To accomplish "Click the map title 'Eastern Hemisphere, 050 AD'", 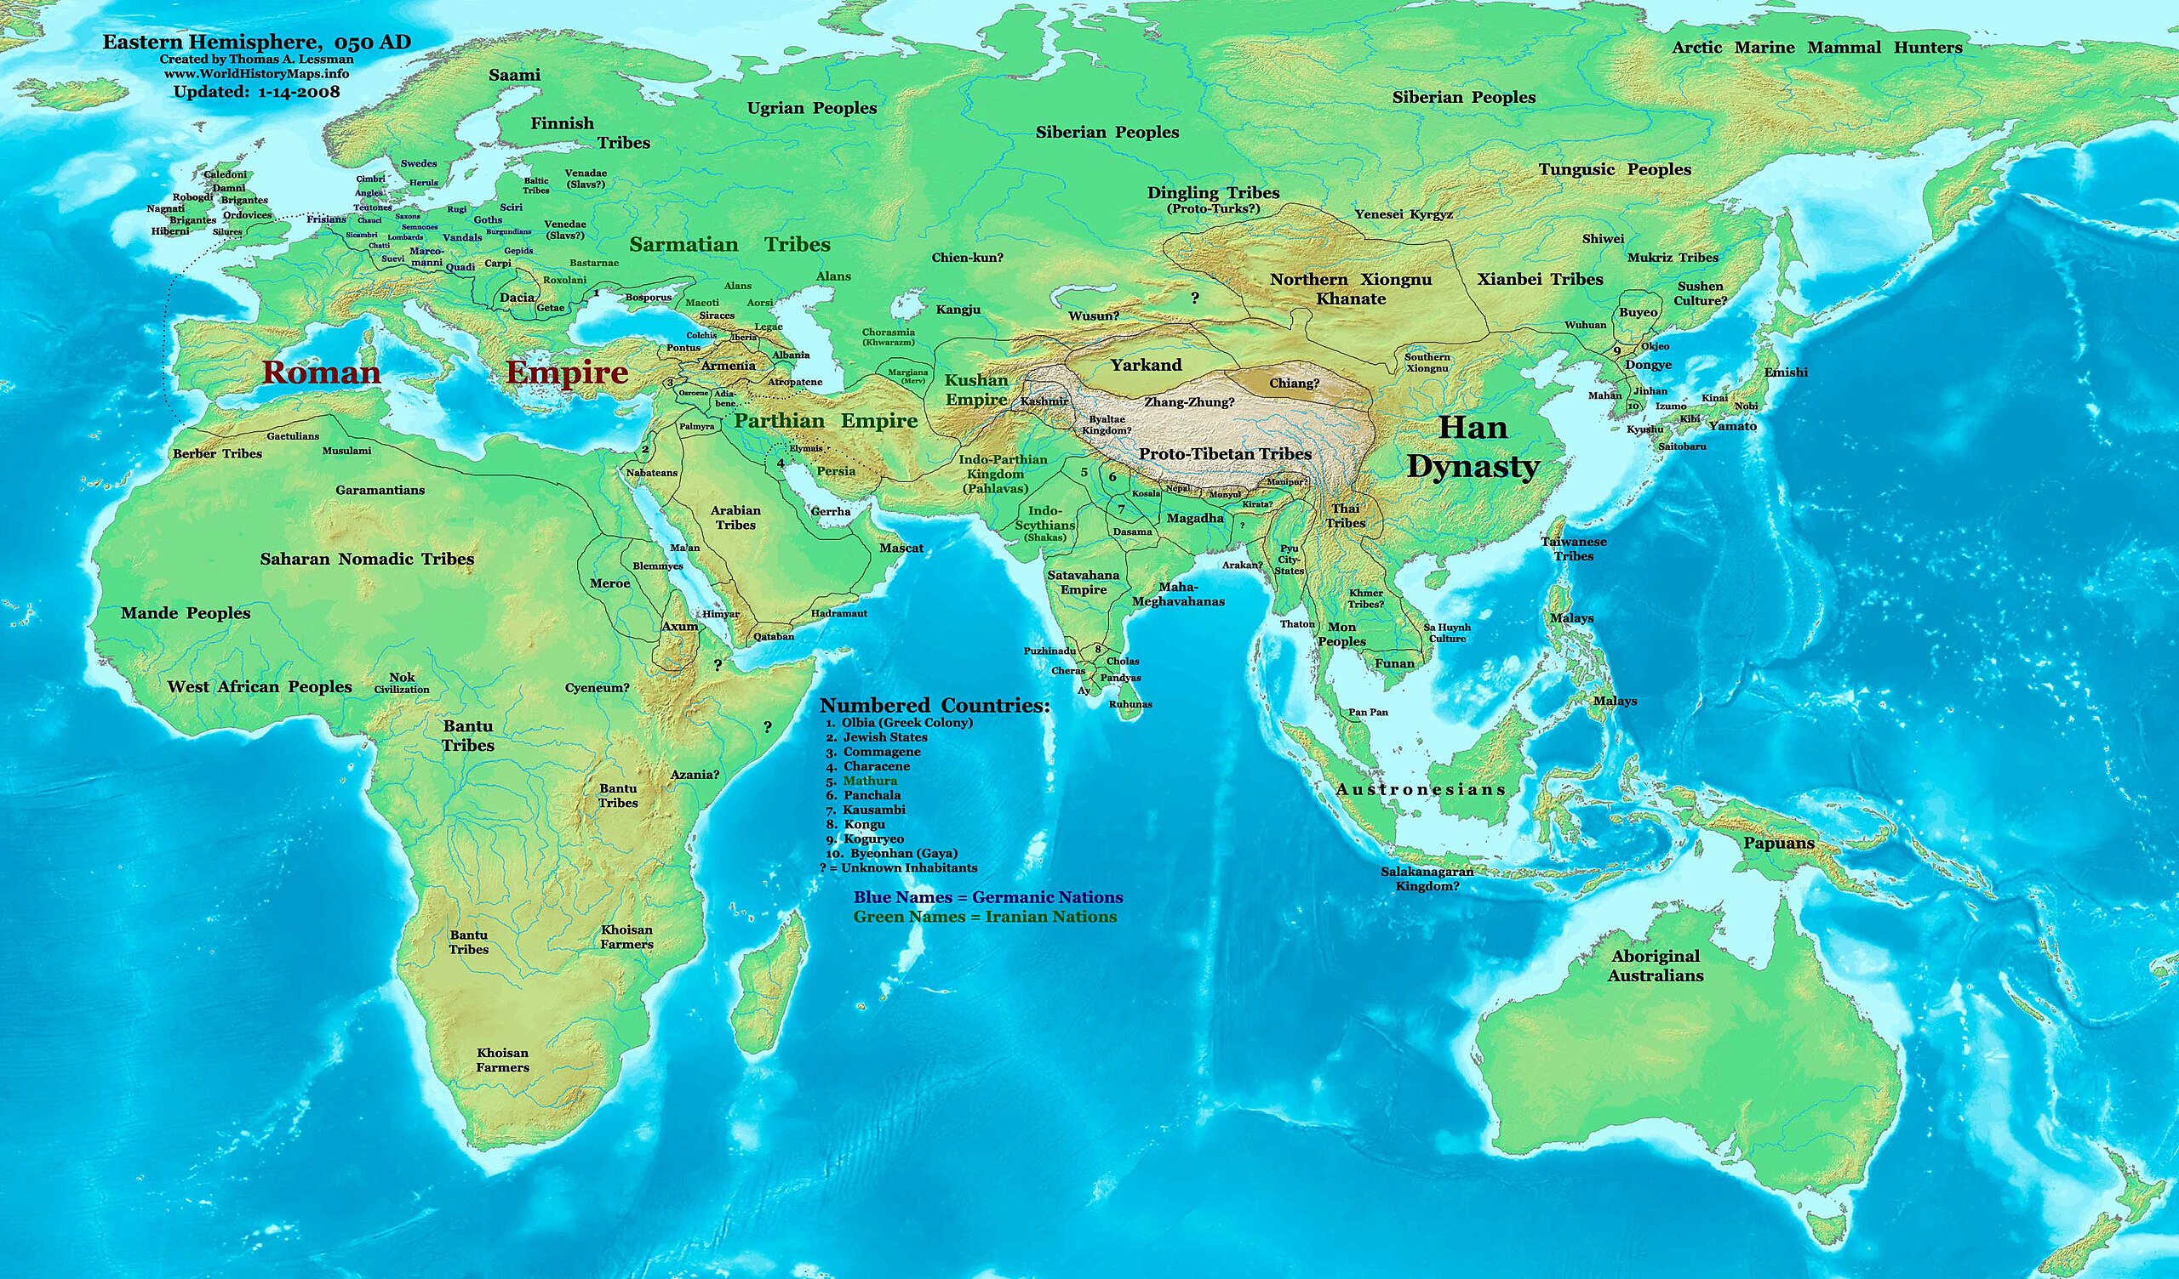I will [256, 43].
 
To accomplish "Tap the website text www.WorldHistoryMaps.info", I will [256, 74].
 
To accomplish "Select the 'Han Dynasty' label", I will [1473, 446].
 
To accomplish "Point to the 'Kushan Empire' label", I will [976, 389].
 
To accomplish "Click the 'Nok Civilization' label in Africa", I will [401, 683].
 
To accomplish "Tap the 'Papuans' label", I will [1779, 844].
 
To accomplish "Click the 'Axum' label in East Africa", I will [678, 626].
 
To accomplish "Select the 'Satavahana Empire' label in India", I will [1083, 582].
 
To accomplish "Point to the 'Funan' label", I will [1394, 663].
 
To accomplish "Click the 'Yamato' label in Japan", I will [1732, 426].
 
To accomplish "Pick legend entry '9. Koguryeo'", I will [865, 839].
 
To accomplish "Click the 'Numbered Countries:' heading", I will [934, 705].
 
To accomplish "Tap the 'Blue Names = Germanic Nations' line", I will [987, 897].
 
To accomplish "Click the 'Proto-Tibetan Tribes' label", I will [1224, 454].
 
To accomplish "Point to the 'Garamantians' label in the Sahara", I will [380, 490].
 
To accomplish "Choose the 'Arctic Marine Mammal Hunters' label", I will [1816, 48].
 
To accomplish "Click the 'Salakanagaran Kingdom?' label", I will [1427, 878].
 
